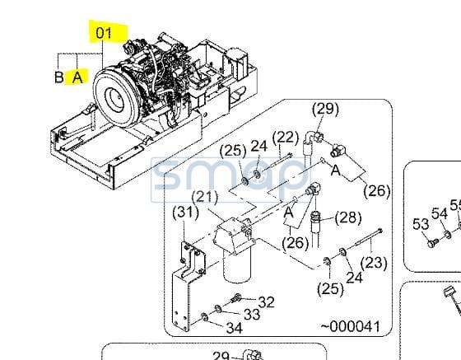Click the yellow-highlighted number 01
coord(104,33)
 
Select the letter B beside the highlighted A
coord(59,77)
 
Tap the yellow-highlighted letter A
coord(77,77)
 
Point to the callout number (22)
coord(286,138)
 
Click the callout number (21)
coord(205,198)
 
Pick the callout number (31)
coord(185,213)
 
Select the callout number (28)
coord(348,217)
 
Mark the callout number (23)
coord(374,262)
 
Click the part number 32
coord(267,302)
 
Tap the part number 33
coord(252,315)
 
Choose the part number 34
coord(235,328)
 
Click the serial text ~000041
coord(351,326)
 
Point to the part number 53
coord(421,224)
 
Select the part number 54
coord(440,213)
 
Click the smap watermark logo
coord(230,180)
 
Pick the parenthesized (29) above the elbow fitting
coord(325,109)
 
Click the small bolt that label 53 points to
coord(433,243)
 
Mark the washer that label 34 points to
coord(204,317)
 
